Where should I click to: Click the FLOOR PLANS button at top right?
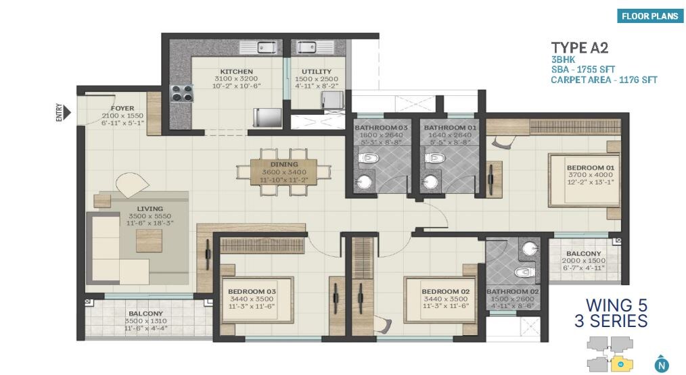point(649,17)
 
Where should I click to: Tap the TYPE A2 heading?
point(580,47)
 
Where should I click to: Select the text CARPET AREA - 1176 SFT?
point(603,80)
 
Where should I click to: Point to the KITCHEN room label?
point(236,72)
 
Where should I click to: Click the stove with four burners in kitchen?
point(181,92)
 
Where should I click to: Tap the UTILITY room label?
point(317,72)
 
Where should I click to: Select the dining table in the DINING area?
point(283,172)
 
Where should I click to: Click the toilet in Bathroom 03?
point(368,158)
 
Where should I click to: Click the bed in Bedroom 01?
point(583,179)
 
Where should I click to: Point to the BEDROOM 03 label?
point(251,291)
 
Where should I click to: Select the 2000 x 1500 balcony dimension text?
point(583,261)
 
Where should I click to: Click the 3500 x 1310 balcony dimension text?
point(145,321)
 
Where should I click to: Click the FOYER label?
point(122,108)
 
